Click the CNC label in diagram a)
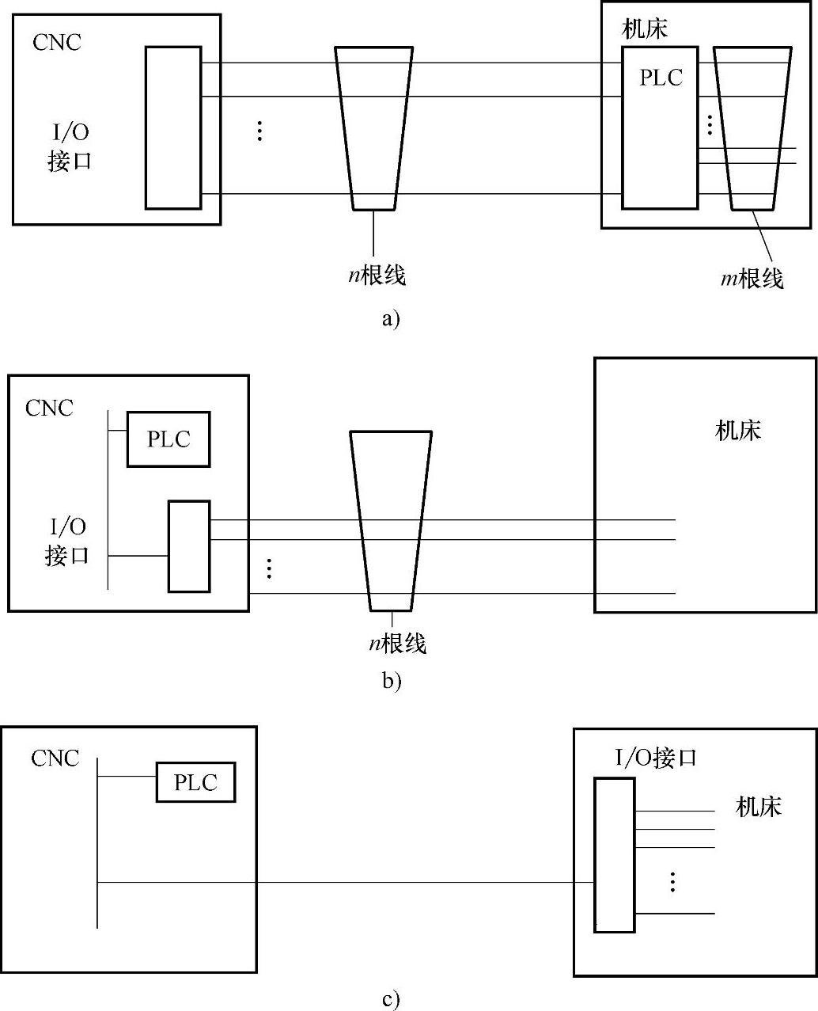pyautogui.click(x=57, y=42)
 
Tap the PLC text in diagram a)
pyautogui.click(x=661, y=78)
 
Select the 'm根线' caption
pyautogui.click(x=752, y=278)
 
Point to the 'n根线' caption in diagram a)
pyautogui.click(x=377, y=275)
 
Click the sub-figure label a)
pyautogui.click(x=391, y=319)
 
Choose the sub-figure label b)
pyautogui.click(x=392, y=680)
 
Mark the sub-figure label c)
pyautogui.click(x=391, y=1000)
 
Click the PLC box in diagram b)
pyautogui.click(x=169, y=439)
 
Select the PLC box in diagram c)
pyautogui.click(x=195, y=782)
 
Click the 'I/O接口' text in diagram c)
pyautogui.click(x=656, y=758)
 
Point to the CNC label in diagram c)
pyautogui.click(x=55, y=758)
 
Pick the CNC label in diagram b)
pyautogui.click(x=49, y=408)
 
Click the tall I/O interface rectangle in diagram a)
pyautogui.click(x=173, y=127)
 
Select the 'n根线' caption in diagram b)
pyautogui.click(x=397, y=643)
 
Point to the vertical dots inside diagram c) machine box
pyautogui.click(x=672, y=881)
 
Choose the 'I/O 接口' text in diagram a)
pyautogui.click(x=70, y=147)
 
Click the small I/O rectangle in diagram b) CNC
pyautogui.click(x=189, y=546)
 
